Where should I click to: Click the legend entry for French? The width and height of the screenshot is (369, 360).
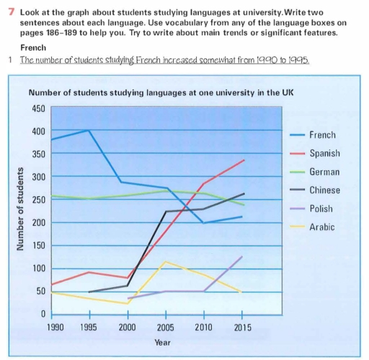click(x=321, y=135)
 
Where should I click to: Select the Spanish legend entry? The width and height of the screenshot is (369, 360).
click(x=324, y=154)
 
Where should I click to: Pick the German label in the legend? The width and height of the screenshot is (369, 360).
click(x=324, y=172)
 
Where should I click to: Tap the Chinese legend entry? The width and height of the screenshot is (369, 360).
click(x=324, y=190)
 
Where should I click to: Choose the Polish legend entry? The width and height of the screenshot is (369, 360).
click(x=321, y=209)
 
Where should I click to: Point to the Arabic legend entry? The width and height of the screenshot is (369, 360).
click(x=321, y=227)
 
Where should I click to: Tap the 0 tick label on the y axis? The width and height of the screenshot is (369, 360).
click(x=43, y=315)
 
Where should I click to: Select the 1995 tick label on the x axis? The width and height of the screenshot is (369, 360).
click(x=89, y=326)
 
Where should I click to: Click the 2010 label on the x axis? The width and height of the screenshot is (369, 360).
click(x=203, y=326)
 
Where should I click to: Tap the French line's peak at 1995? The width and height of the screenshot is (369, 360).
click(x=89, y=130)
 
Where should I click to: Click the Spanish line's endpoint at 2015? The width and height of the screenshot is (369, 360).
click(x=241, y=160)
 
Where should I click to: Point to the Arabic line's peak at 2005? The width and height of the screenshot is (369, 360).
click(x=166, y=261)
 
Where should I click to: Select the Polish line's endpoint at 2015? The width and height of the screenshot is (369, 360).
click(x=241, y=256)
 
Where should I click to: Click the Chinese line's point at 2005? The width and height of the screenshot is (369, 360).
click(x=166, y=211)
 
